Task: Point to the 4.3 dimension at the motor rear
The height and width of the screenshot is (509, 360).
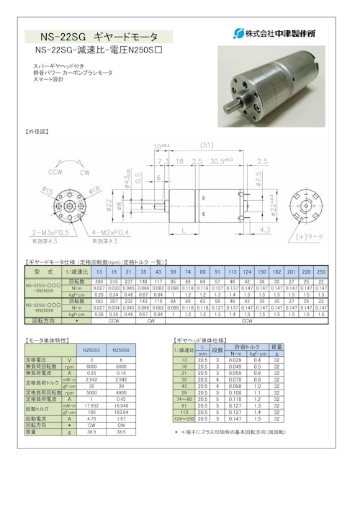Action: point(264,230)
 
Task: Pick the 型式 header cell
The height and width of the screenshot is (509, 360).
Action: point(40,272)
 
